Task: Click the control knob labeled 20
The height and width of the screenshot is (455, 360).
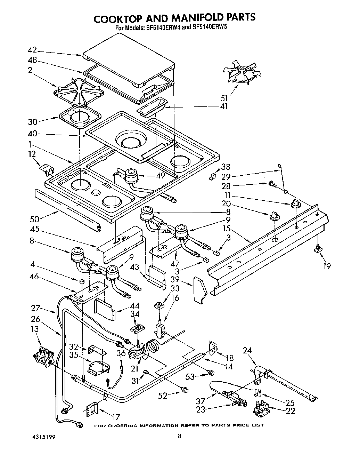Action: pos(275,216)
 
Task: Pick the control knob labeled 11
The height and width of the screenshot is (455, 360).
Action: pos(295,203)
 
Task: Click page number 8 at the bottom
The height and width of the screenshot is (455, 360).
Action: pos(179,436)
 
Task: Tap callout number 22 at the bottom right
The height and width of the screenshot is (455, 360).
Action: pos(291,411)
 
